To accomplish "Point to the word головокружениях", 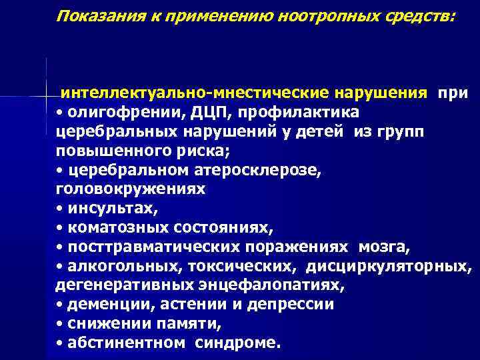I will (130, 189).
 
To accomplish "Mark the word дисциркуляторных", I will (400, 267).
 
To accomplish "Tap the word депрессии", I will (291, 305).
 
